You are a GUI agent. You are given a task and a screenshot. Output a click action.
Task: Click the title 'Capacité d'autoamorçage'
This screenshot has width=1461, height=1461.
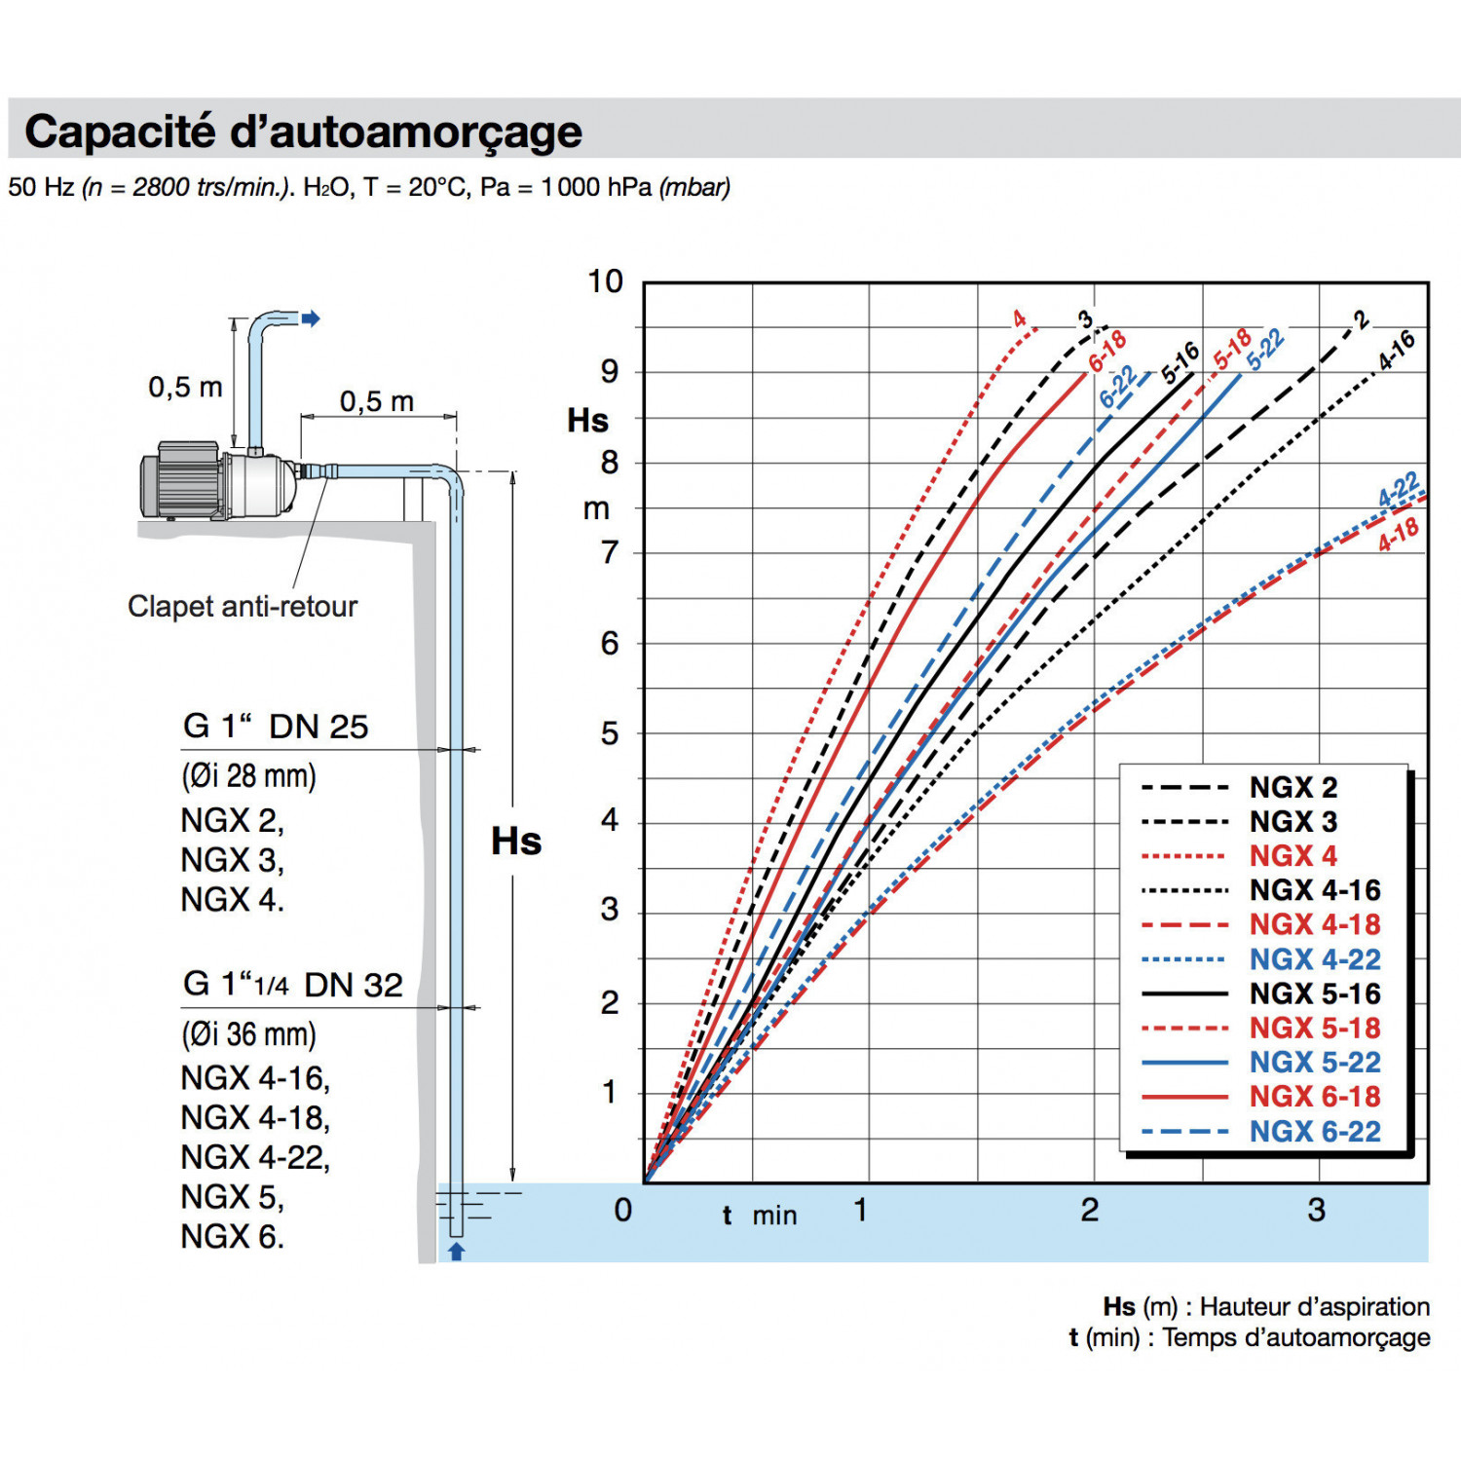pyautogui.click(x=303, y=131)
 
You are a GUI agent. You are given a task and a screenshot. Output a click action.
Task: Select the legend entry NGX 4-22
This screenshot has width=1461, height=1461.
pyautogui.click(x=1314, y=959)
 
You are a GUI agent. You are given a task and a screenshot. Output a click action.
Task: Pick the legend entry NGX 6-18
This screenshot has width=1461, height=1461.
pyautogui.click(x=1314, y=1097)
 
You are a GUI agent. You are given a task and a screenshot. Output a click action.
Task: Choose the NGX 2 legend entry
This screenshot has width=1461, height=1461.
pyautogui.click(x=1292, y=787)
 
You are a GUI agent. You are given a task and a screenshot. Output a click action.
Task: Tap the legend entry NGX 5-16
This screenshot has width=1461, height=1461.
pyautogui.click(x=1314, y=994)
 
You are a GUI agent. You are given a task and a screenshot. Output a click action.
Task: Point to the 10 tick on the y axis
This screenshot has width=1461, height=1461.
pyautogui.click(x=605, y=281)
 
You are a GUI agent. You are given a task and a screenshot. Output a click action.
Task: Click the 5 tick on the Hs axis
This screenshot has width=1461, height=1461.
pyautogui.click(x=610, y=733)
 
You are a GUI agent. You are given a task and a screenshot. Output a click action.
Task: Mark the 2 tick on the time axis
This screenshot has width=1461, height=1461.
pyautogui.click(x=1089, y=1210)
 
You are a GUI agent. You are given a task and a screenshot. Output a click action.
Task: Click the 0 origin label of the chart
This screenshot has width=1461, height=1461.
pyautogui.click(x=623, y=1210)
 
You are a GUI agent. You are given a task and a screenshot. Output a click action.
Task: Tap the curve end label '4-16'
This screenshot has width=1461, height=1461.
pyautogui.click(x=1396, y=351)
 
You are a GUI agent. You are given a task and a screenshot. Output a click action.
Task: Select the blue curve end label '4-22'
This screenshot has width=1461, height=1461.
pyautogui.click(x=1399, y=490)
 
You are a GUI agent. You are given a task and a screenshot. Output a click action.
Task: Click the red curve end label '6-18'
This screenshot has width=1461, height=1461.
pyautogui.click(x=1107, y=351)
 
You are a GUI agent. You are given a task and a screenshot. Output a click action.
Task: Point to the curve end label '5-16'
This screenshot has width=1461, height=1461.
pyautogui.click(x=1180, y=362)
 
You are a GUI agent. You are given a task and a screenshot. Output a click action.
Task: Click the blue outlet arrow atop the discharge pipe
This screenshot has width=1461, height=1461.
pyautogui.click(x=311, y=318)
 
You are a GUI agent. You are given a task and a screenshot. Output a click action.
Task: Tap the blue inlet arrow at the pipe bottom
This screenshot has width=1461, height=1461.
pyautogui.click(x=456, y=1252)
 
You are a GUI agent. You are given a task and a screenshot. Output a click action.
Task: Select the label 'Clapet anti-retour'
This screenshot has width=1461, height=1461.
pyautogui.click(x=243, y=607)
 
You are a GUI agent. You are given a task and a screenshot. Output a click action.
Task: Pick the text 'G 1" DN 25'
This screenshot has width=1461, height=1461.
pyautogui.click(x=276, y=727)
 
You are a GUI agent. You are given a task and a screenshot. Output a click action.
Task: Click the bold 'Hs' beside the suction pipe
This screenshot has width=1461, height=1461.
pyautogui.click(x=515, y=842)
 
